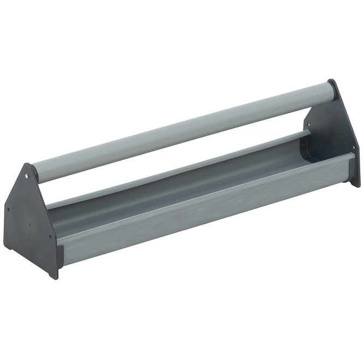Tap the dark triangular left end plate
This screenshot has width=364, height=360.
(x=30, y=218)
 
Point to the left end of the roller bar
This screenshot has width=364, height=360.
(x=36, y=172)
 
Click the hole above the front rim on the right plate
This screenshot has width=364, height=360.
(x=353, y=147)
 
